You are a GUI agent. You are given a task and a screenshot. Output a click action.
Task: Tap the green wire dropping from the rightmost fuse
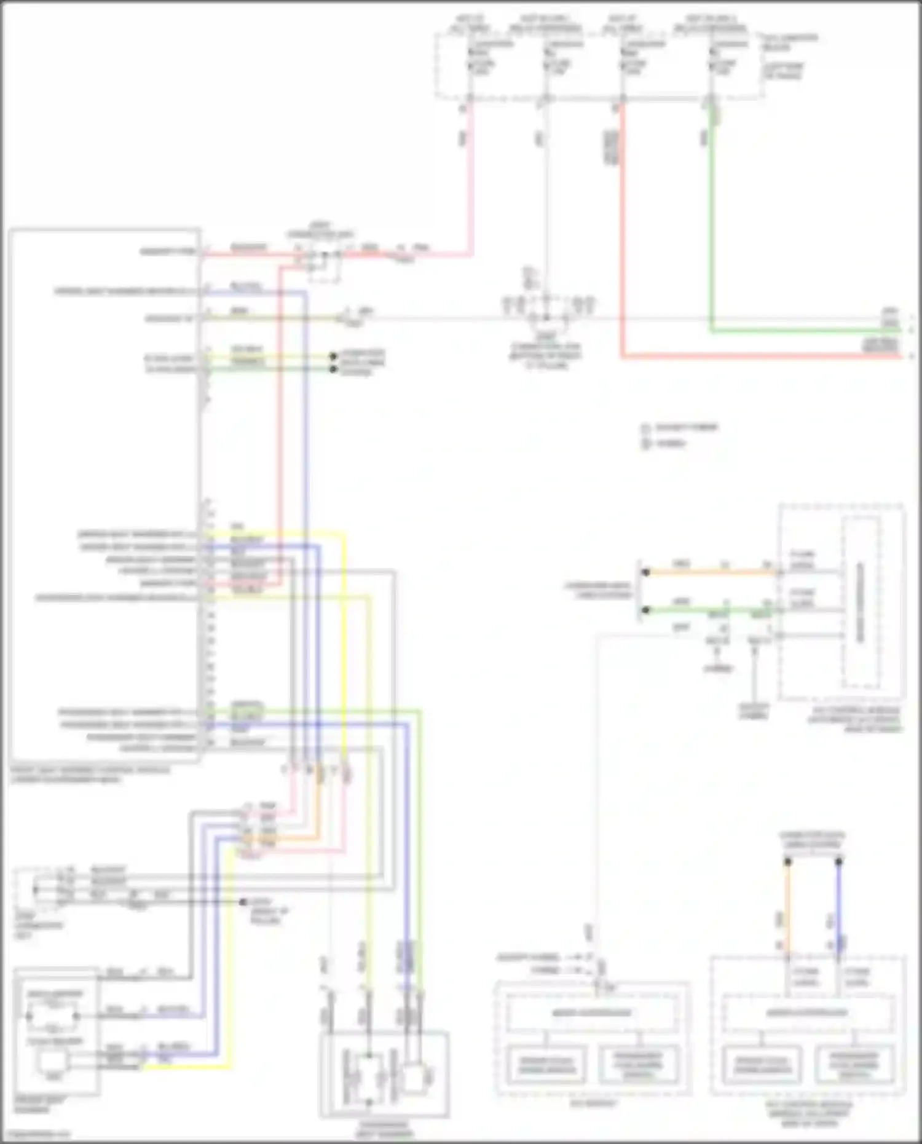coord(712,215)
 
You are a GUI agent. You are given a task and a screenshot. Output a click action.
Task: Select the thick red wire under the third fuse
coord(622,246)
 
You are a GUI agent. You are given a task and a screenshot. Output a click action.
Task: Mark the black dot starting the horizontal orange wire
coord(645,572)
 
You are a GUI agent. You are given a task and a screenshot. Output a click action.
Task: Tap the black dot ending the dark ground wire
coord(243,902)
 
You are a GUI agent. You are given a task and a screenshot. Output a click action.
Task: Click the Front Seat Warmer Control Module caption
coord(90,774)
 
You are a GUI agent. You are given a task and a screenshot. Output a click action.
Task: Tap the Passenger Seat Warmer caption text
coord(384,1130)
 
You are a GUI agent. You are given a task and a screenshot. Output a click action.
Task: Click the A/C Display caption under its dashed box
coord(593,1103)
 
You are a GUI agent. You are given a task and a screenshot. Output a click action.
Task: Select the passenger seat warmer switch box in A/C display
coord(639,1064)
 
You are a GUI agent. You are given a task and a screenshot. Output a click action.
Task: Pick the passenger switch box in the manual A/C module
coord(854,1064)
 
